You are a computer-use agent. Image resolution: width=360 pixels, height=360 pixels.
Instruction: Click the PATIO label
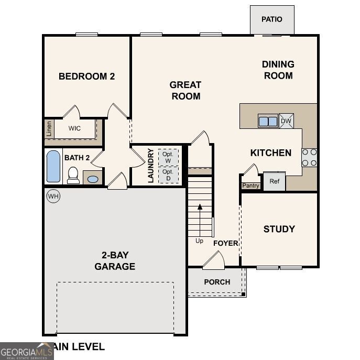(x=271, y=19)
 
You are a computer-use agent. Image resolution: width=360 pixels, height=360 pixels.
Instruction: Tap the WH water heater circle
(x=53, y=197)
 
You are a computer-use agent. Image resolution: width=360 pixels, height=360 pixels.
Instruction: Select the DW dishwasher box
(x=286, y=121)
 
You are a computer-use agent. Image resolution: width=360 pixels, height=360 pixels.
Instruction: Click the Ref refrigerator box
(x=274, y=181)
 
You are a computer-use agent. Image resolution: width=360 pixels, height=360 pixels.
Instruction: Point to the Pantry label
(x=250, y=186)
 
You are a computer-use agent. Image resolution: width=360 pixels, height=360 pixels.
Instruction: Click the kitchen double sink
(x=268, y=121)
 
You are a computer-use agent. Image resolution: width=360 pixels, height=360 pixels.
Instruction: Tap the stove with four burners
(x=309, y=157)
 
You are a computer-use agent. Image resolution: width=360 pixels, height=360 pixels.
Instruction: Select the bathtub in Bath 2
(x=53, y=166)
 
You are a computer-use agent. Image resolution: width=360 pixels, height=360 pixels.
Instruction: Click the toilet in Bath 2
(x=73, y=175)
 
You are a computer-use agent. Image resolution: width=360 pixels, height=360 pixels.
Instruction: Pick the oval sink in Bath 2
(x=93, y=179)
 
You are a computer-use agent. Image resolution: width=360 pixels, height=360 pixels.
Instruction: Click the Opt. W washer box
(x=168, y=157)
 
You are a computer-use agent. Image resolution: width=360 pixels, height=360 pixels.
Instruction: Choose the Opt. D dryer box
(x=168, y=174)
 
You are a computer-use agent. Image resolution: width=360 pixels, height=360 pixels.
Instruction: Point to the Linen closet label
(x=49, y=128)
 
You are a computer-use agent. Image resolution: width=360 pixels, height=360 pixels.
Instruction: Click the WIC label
(x=74, y=128)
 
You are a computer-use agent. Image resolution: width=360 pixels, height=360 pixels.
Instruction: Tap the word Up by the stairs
(x=200, y=241)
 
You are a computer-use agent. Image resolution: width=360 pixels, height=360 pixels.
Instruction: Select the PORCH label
(x=217, y=282)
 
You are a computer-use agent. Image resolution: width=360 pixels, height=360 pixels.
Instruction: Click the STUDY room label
(x=279, y=229)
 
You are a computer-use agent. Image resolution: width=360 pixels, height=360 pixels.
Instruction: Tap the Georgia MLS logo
(x=27, y=351)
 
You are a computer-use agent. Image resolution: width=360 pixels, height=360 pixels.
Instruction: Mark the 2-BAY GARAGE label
(x=115, y=261)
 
